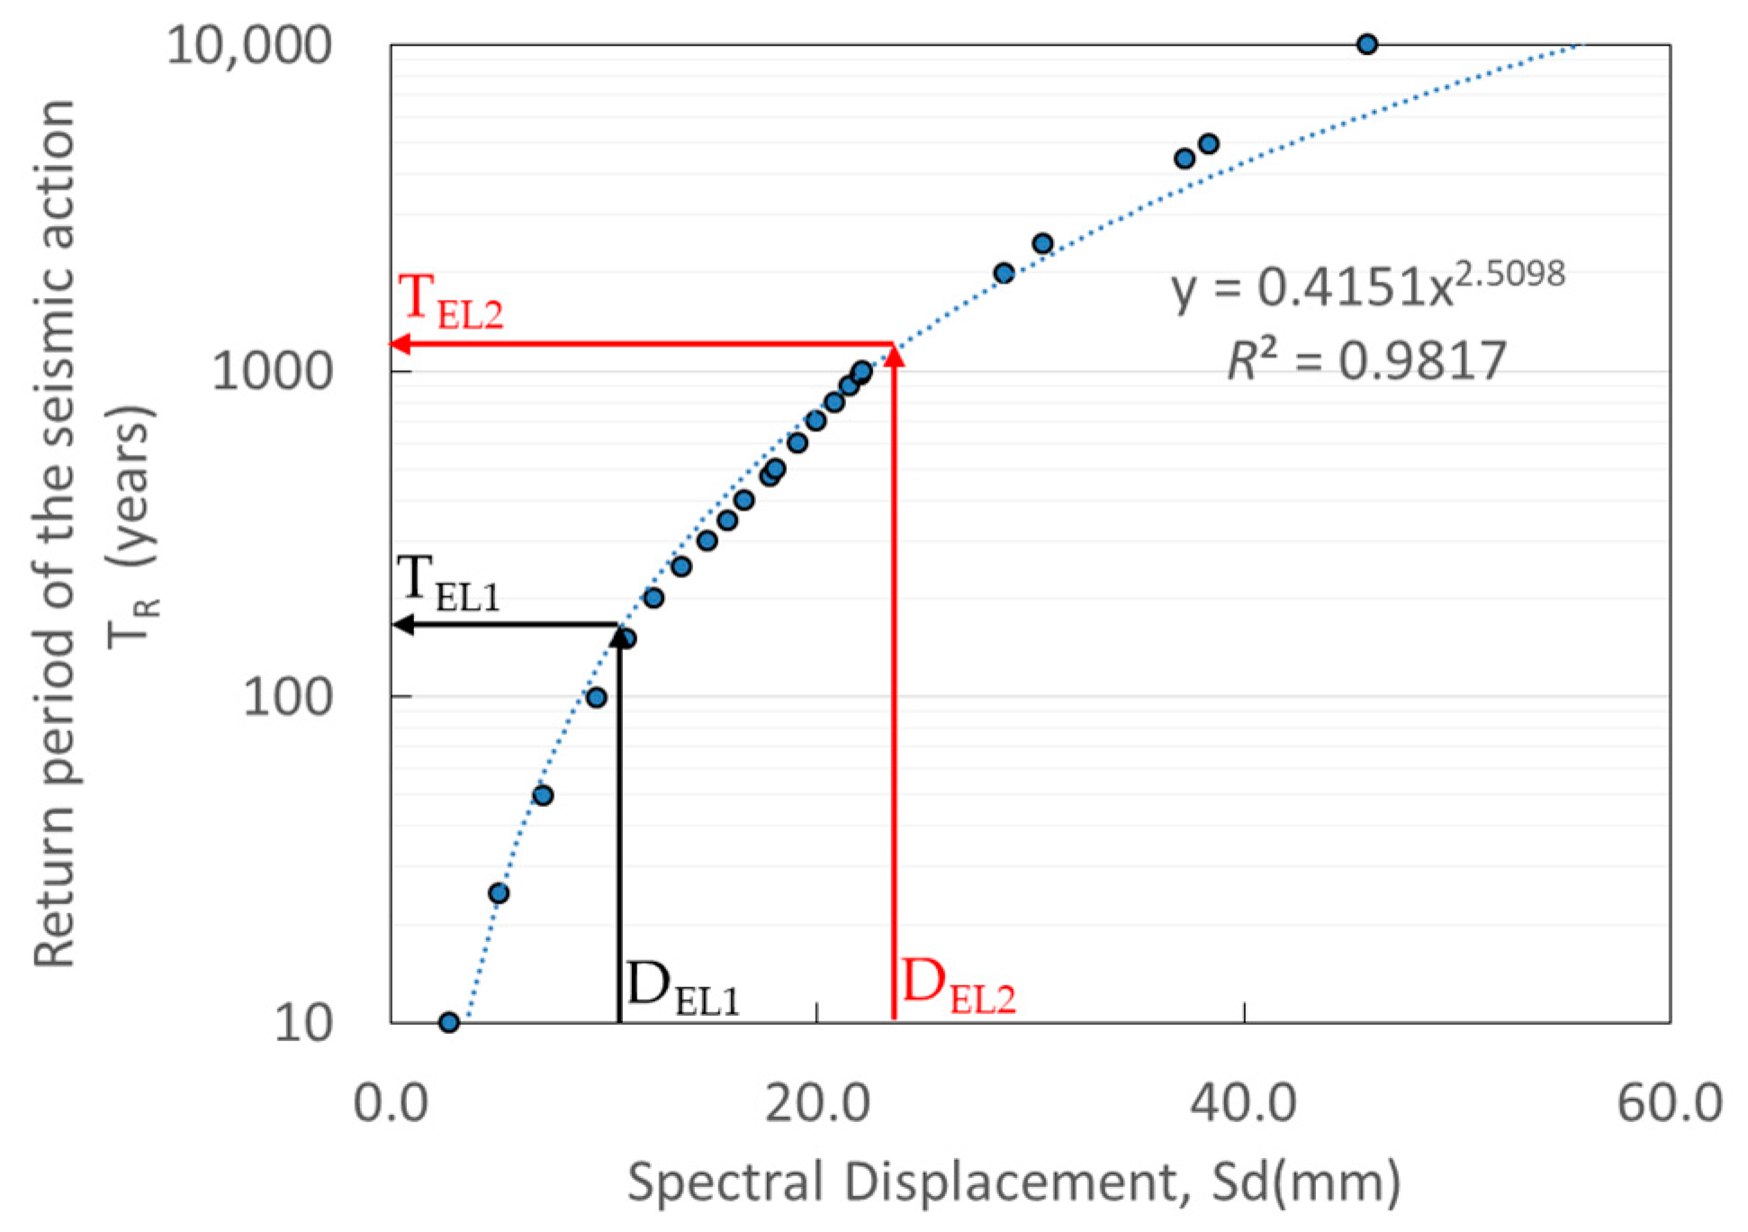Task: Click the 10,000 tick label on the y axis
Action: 249,44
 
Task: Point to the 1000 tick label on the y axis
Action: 272,370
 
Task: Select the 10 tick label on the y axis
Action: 303,1023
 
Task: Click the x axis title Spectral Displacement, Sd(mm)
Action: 1014,1182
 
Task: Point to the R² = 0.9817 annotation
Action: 1367,361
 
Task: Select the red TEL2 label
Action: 449,301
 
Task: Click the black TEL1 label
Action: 447,582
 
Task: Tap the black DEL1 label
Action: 682,988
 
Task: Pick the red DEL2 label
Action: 958,986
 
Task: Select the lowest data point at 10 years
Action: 449,1022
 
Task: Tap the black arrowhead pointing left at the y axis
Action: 404,624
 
